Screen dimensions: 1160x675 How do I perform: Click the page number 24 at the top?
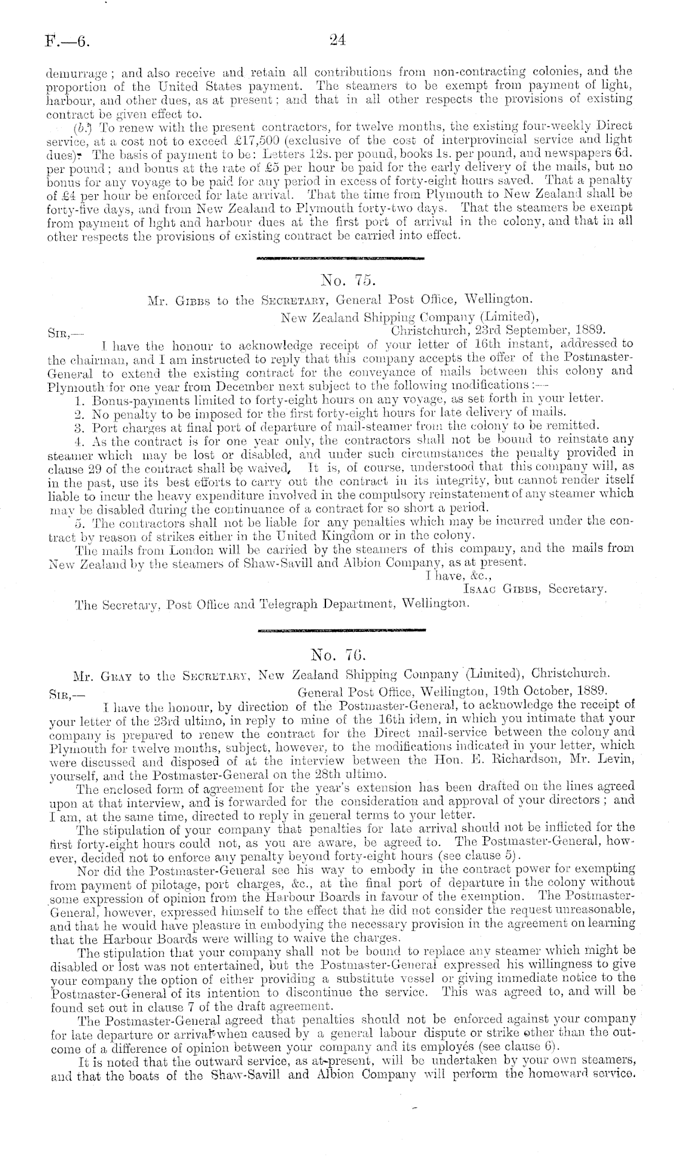click(337, 41)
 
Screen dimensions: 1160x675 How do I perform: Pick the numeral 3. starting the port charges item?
click(78, 424)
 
